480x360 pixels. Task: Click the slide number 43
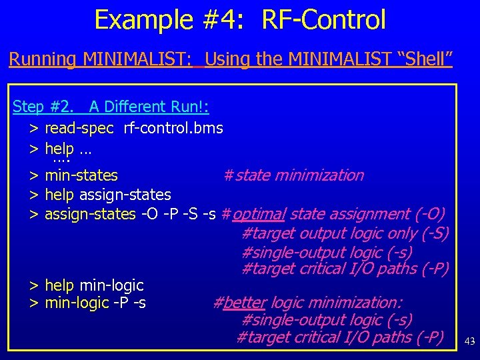469,341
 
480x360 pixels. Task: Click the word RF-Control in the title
323,20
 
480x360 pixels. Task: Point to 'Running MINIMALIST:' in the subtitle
100,59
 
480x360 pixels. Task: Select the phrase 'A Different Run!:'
149,107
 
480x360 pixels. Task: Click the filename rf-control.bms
173,127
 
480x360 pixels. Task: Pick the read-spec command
79,127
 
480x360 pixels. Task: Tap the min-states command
81,175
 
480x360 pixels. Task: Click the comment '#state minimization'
293,175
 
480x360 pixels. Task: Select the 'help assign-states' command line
107,195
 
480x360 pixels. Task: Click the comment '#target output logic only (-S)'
345,233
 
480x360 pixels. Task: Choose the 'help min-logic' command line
94,285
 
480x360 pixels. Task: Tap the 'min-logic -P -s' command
95,303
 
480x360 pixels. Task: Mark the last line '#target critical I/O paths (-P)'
340,337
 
